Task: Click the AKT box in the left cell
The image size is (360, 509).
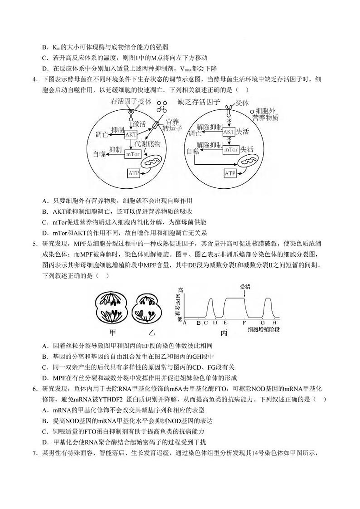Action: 131,134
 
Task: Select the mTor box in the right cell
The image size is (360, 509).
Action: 230,149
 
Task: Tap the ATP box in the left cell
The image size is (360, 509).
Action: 134,173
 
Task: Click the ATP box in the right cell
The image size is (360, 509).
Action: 230,173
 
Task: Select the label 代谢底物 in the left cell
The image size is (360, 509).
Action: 151,143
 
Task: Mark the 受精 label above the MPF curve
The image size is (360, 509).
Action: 245,286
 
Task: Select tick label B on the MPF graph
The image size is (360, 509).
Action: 198,323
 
